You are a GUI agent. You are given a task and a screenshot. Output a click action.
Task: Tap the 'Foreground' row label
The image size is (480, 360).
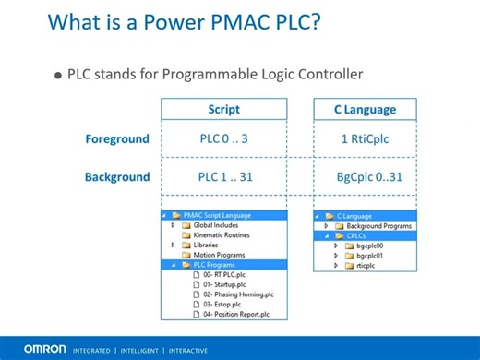[117, 139]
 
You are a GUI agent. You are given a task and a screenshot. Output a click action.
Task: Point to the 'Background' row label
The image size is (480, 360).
[117, 175]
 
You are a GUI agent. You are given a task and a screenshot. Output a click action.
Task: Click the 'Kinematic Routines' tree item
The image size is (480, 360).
[221, 234]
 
